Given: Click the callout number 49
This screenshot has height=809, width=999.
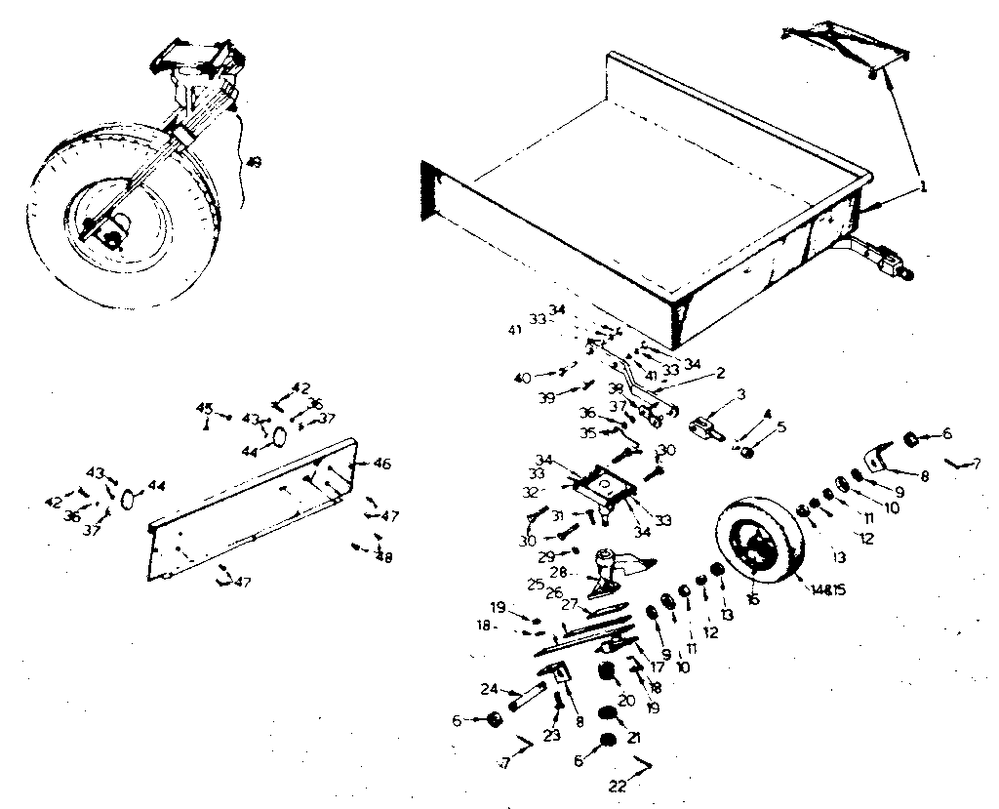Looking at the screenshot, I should click(254, 162).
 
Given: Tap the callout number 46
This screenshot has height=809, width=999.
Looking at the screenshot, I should click(382, 465).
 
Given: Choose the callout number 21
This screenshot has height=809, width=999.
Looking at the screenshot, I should click(634, 737).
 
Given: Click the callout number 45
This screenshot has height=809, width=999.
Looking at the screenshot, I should click(205, 408).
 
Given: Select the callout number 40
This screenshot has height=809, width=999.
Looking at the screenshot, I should click(523, 378).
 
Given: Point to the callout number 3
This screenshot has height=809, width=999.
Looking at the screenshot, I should click(740, 394).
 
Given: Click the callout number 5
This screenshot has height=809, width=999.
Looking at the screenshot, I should click(779, 426).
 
